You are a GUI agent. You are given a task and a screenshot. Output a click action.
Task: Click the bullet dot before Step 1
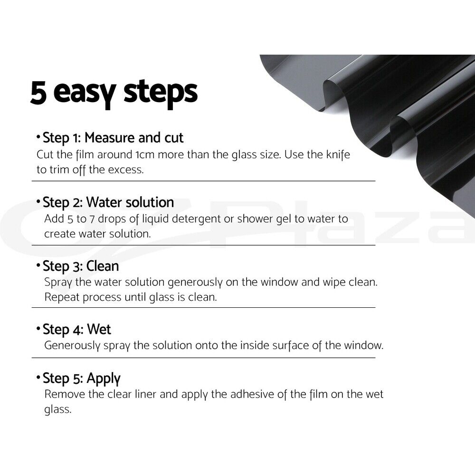[38, 137]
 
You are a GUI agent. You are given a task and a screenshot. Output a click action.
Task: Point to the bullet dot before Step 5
[38, 378]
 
